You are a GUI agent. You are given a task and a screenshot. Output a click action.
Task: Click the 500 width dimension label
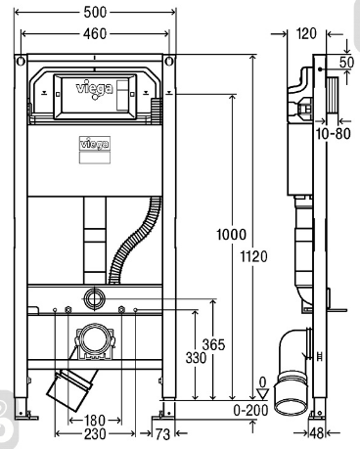tap(95, 13)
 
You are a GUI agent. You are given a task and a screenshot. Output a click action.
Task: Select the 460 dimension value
tap(95, 33)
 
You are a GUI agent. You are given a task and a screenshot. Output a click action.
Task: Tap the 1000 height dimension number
tap(231, 235)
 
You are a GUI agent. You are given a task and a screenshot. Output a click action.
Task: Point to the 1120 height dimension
tap(253, 256)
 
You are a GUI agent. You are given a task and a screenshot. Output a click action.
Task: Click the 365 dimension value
tap(214, 344)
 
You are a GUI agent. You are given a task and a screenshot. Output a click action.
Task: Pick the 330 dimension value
tap(196, 358)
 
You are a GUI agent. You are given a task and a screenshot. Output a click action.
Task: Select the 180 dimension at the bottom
tap(95, 420)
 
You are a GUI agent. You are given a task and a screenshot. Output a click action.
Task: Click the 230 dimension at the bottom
tap(95, 434)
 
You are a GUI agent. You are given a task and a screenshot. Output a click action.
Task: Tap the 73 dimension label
tap(162, 434)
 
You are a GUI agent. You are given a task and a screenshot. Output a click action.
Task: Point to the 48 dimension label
tap(317, 433)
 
